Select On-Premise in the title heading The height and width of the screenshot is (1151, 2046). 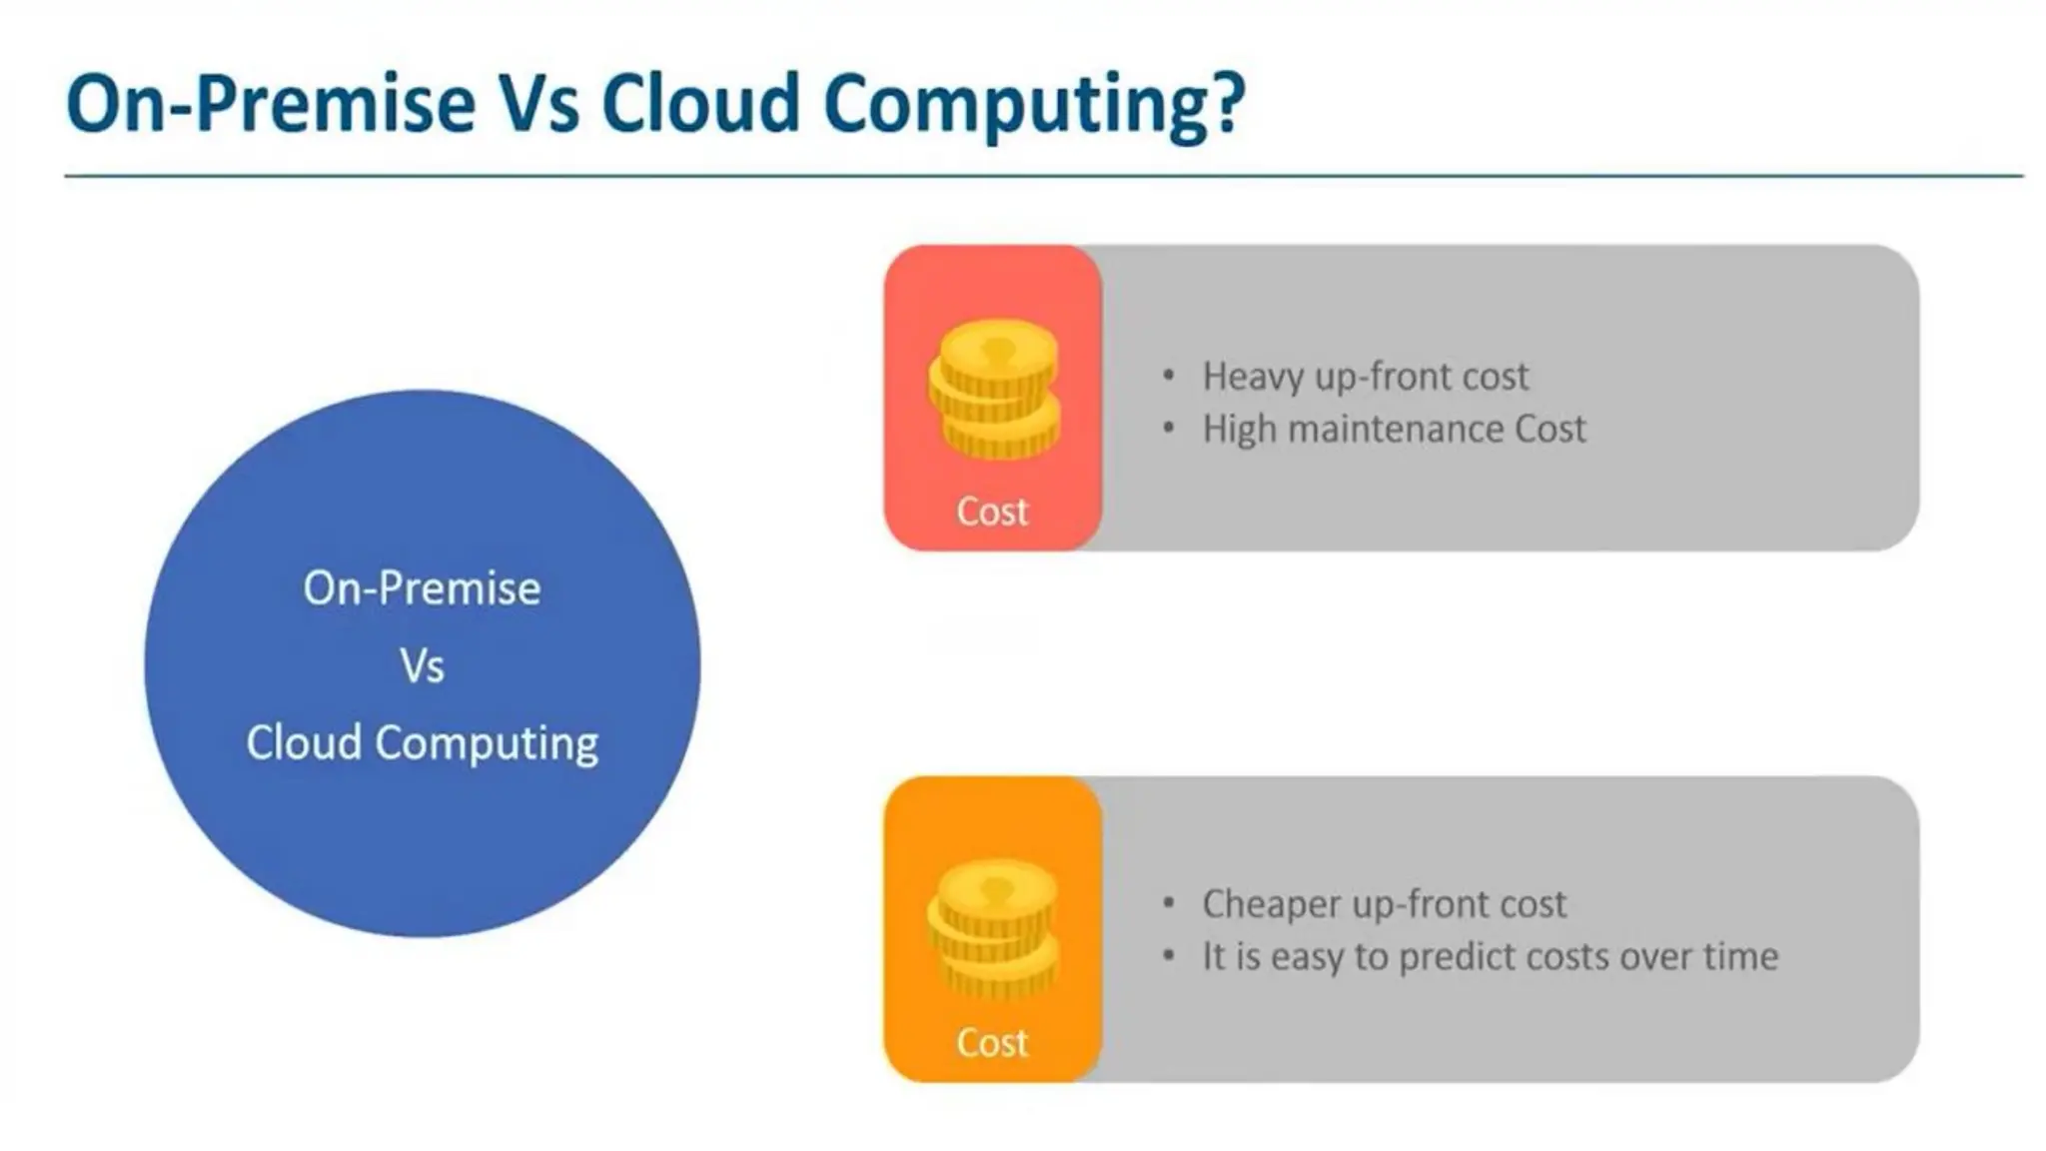click(x=270, y=104)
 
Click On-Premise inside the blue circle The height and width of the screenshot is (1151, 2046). click(x=422, y=588)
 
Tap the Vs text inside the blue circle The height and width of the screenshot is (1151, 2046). click(x=422, y=666)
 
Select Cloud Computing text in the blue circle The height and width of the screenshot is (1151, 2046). click(x=422, y=743)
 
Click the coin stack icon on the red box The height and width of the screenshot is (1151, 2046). click(x=993, y=390)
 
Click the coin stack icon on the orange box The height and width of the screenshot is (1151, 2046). click(x=993, y=929)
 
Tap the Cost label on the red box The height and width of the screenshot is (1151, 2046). click(x=991, y=512)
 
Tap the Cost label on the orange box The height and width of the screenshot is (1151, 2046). click(x=991, y=1043)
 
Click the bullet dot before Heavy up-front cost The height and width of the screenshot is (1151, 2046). click(x=1169, y=378)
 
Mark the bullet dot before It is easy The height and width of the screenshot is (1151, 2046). click(x=1169, y=957)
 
